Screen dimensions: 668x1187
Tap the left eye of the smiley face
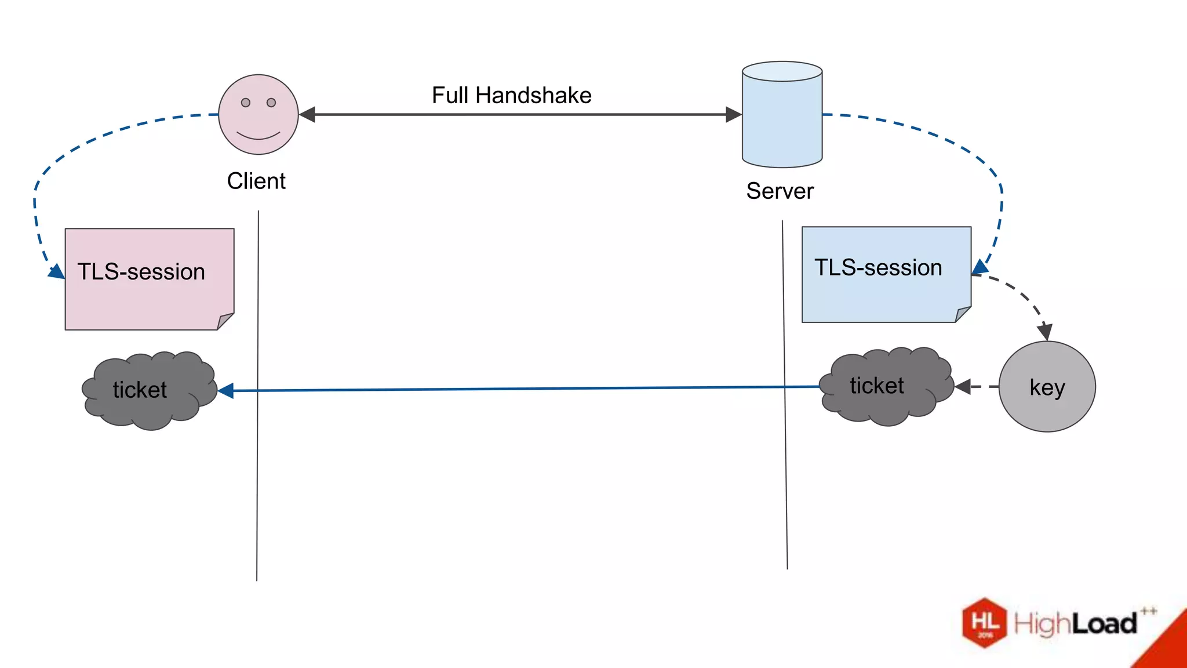tap(246, 103)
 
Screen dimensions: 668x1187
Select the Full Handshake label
tap(511, 95)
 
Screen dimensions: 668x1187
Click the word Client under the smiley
tap(256, 181)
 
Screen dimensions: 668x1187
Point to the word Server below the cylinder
tap(780, 191)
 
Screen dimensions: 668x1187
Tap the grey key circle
tap(1047, 387)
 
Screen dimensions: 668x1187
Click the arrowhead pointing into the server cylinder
tap(733, 115)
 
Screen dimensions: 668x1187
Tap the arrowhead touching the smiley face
tap(307, 115)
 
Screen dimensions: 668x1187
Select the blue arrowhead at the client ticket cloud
tap(226, 391)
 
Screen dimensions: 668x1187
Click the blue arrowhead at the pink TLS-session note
tap(57, 271)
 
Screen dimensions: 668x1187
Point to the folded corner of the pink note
tap(225, 321)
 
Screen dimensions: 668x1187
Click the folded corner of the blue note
tap(962, 314)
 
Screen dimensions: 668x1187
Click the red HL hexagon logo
tap(984, 623)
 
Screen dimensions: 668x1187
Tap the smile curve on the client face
tap(258, 137)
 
